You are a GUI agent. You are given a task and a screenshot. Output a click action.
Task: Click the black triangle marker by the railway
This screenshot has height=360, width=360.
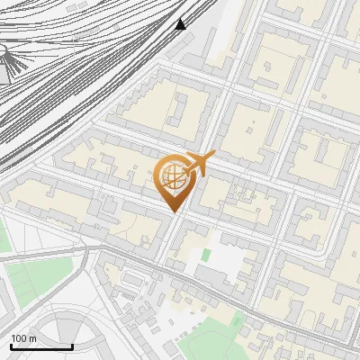pyautogui.click(x=181, y=24)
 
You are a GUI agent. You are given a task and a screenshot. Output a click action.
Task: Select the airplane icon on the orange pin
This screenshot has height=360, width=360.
pyautogui.click(x=200, y=164)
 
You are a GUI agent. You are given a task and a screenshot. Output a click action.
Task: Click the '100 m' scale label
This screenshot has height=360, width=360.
pyautogui.click(x=24, y=338)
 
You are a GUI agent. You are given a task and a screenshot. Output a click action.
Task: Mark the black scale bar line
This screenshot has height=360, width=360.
pyautogui.click(x=40, y=346)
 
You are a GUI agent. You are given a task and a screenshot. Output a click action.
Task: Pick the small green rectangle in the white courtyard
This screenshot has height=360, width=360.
pyautogui.click(x=206, y=256)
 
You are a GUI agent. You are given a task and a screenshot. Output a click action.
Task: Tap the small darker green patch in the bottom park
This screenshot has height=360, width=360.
pyautogui.click(x=237, y=319)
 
